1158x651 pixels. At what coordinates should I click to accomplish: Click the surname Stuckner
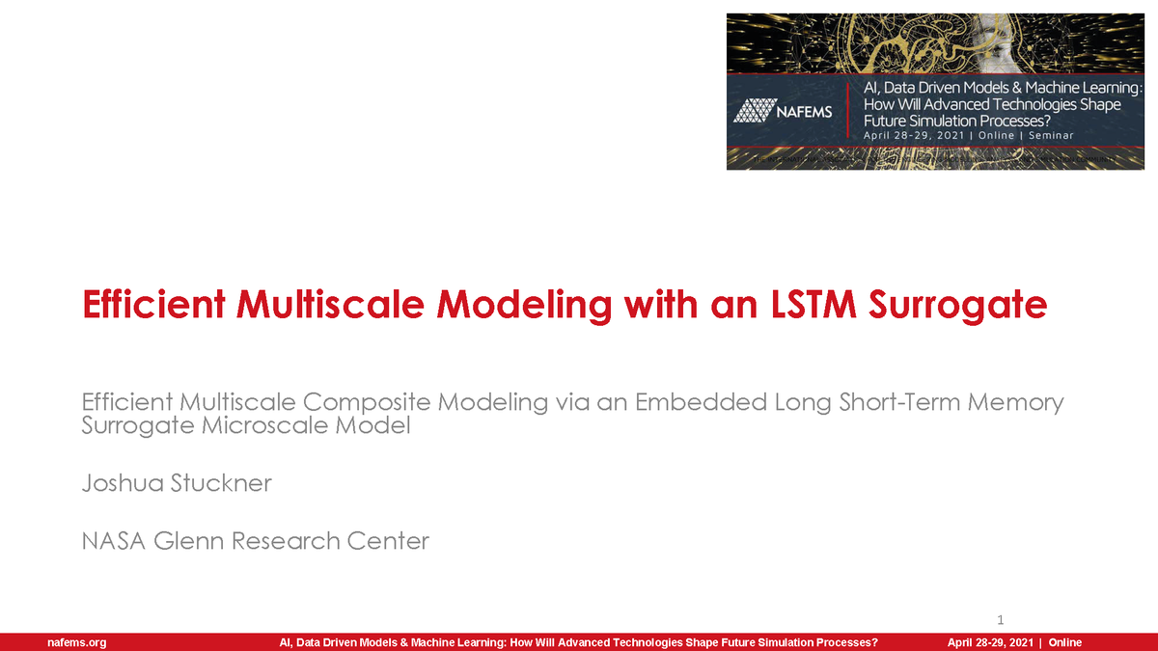pyautogui.click(x=220, y=483)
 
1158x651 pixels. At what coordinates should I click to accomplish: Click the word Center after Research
pyautogui.click(x=390, y=541)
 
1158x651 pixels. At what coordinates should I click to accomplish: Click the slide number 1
pyautogui.click(x=1001, y=618)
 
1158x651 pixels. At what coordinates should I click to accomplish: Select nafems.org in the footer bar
pyautogui.click(x=77, y=642)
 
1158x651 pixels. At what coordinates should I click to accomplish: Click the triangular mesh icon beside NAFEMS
pyautogui.click(x=753, y=111)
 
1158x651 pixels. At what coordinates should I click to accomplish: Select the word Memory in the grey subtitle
pyautogui.click(x=1020, y=402)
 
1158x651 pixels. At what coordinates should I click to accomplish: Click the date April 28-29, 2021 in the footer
pyautogui.click(x=990, y=642)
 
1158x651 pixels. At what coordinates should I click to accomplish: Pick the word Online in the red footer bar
pyautogui.click(x=1065, y=642)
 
